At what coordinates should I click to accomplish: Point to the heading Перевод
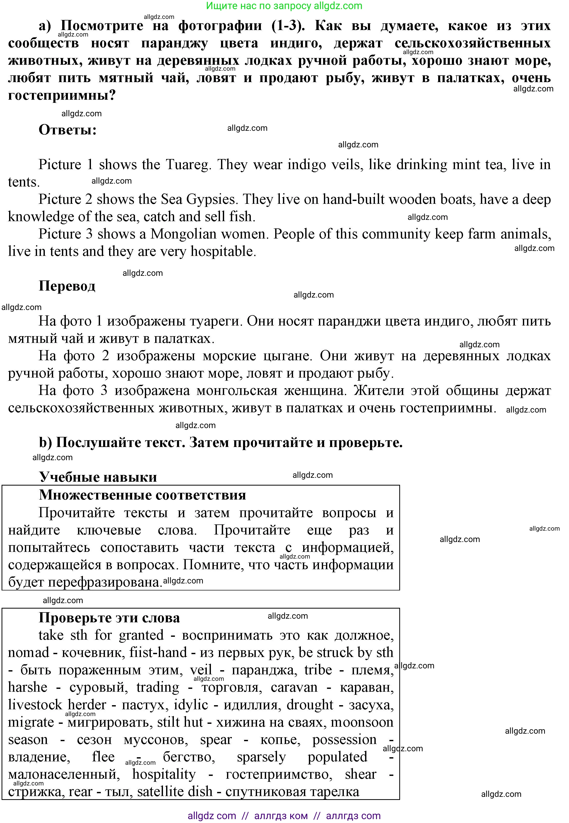[x=67, y=286]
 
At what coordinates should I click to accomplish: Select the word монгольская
[x=237, y=391]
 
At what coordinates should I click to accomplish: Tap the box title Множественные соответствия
[x=142, y=495]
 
